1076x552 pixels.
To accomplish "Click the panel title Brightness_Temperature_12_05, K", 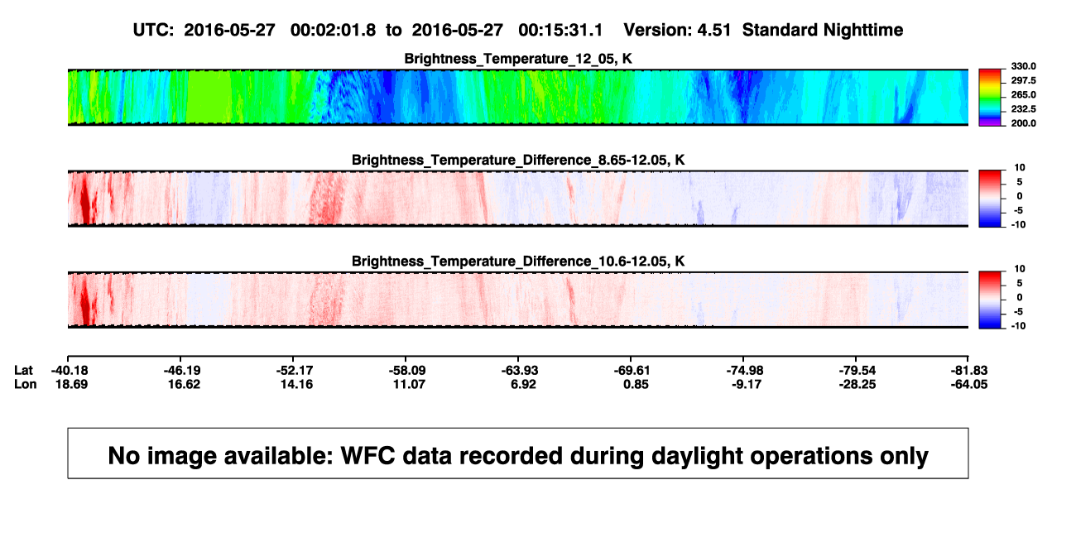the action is tap(518, 59).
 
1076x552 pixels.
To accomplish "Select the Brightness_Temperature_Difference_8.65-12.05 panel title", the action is tap(518, 160).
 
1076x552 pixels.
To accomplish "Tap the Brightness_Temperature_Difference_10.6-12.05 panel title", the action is tap(518, 262).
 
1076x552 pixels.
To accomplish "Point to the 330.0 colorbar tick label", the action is tap(1023, 66).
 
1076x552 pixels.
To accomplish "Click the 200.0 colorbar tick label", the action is tap(1023, 123).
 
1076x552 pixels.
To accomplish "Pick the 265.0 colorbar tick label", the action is tap(1023, 94).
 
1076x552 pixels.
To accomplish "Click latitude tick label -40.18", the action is tap(70, 371).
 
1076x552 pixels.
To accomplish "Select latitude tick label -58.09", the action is tap(407, 371).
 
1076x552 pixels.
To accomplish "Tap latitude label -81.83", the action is tap(969, 371).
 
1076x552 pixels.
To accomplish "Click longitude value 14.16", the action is tap(296, 384).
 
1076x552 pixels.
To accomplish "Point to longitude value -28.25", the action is tap(857, 384).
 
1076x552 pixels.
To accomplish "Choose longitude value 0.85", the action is tap(636, 384).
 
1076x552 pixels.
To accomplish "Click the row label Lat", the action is tap(23, 371).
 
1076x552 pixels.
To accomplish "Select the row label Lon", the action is tap(26, 384).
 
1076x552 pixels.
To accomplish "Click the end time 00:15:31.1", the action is tap(560, 31).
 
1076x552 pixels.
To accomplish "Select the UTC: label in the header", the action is tap(153, 31).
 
